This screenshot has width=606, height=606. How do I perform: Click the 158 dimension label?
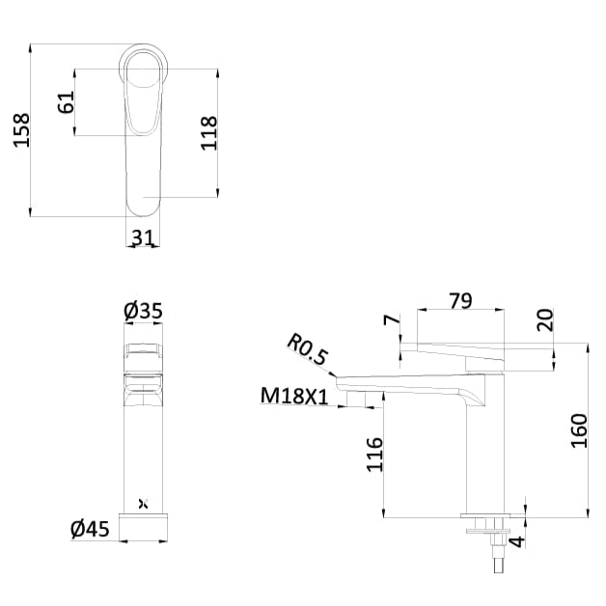point(21,129)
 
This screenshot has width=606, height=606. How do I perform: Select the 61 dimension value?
point(67,102)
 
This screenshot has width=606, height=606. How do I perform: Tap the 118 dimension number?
point(208,133)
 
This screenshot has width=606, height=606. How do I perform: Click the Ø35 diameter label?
point(143,311)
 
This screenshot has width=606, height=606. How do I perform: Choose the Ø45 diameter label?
point(90,529)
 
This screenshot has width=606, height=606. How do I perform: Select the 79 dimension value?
point(460,300)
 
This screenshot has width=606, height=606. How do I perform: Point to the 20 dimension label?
point(546,320)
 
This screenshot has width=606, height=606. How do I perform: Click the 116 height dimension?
point(375,454)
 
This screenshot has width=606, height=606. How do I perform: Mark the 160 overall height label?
point(579,429)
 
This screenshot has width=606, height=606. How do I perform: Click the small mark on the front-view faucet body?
point(144,503)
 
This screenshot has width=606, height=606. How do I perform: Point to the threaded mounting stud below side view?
point(497,555)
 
